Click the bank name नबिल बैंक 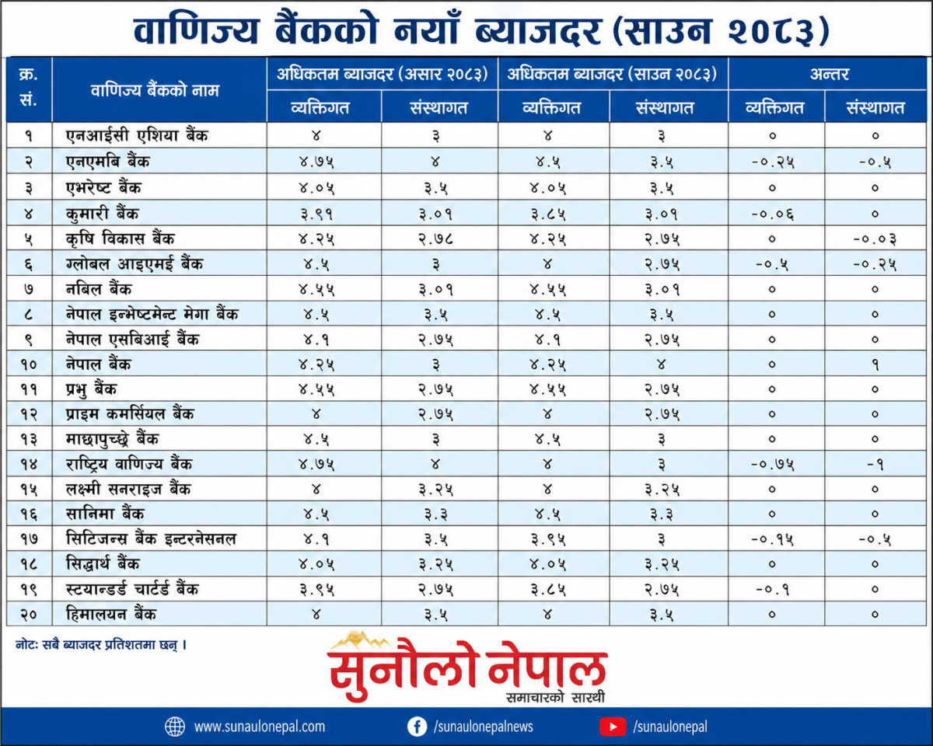[x=99, y=289]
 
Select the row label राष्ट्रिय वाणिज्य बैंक [x=129, y=464]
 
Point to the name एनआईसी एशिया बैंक [x=137, y=136]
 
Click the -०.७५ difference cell [x=773, y=465]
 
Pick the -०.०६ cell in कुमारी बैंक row [x=773, y=214]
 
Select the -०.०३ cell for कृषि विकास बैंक [x=875, y=239]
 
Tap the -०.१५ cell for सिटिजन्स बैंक [x=773, y=539]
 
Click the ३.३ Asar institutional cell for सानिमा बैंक [x=435, y=514]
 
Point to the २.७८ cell [x=435, y=239]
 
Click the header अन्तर [x=829, y=74]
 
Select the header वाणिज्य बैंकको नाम [x=155, y=91]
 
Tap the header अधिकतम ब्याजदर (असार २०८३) [x=382, y=74]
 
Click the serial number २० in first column [x=29, y=615]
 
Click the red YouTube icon [x=613, y=727]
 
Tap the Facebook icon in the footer [x=417, y=727]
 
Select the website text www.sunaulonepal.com [x=259, y=727]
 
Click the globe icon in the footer [x=175, y=727]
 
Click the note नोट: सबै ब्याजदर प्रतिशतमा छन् [x=101, y=645]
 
